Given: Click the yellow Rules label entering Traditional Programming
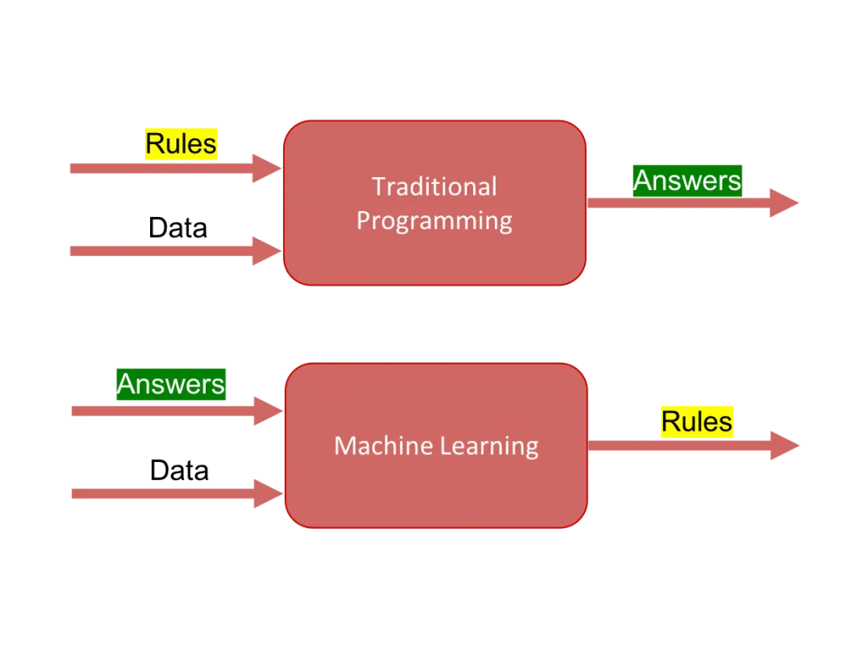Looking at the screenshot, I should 181,143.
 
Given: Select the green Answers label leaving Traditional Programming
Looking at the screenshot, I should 687,180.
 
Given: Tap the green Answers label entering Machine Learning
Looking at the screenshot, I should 171,383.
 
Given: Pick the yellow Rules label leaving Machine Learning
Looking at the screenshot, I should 697,421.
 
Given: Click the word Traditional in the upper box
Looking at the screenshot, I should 434,187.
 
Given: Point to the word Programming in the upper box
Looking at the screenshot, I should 434,221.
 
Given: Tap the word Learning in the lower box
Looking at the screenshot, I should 490,447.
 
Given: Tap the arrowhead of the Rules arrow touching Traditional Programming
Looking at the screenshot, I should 266,167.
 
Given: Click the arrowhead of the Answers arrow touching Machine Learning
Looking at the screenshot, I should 266,410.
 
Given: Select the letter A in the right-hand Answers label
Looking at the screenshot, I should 643,180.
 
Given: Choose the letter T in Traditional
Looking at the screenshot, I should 378,187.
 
